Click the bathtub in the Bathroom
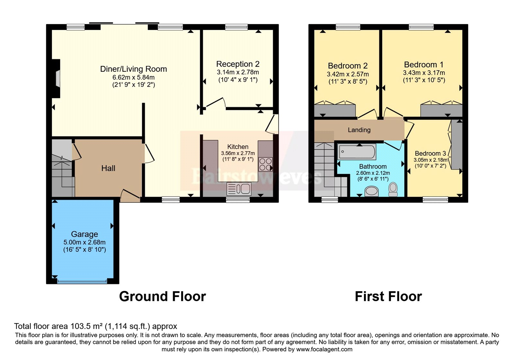[357, 152]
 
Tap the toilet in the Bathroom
[393, 189]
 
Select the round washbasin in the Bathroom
[371, 191]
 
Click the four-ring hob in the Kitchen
[265, 164]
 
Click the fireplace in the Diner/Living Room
[56, 78]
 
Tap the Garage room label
[84, 234]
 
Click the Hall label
[108, 168]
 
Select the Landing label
[359, 130]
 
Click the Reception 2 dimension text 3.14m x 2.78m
[238, 72]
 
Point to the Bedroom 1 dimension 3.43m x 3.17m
[424, 73]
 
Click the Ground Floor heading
[163, 296]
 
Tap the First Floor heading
[388, 296]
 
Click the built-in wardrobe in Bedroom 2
[335, 110]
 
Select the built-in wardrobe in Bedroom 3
[456, 145]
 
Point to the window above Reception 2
[236, 27]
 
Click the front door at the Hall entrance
[130, 195]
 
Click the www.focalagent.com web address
[324, 349]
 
